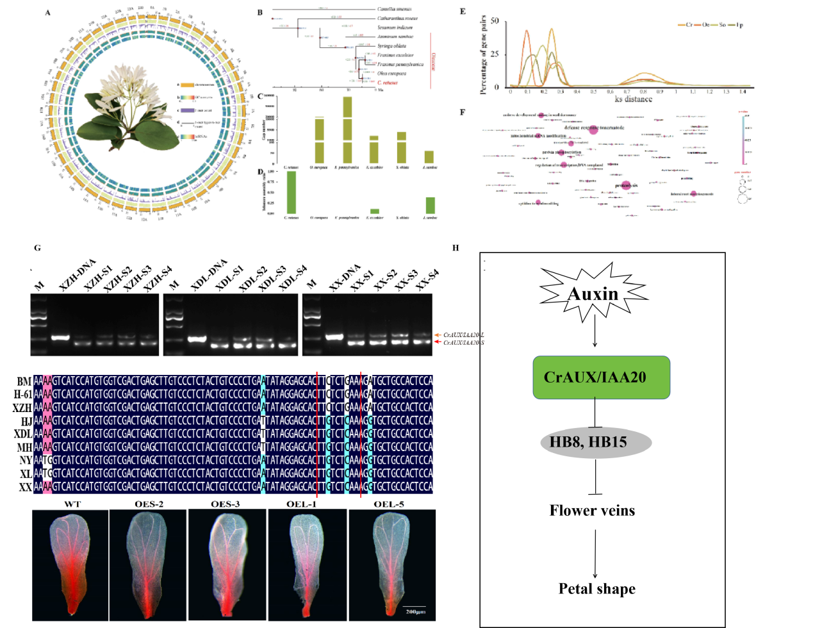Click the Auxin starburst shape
593,293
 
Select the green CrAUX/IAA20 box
601,377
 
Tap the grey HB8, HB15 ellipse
596,442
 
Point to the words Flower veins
592,511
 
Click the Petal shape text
596,589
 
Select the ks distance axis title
633,99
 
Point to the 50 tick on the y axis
495,21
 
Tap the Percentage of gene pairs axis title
483,55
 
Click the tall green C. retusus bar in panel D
292,192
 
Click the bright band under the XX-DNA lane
334,336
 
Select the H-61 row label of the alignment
23,394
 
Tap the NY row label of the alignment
26,460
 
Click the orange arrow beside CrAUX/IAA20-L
438,335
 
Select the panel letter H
456,248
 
